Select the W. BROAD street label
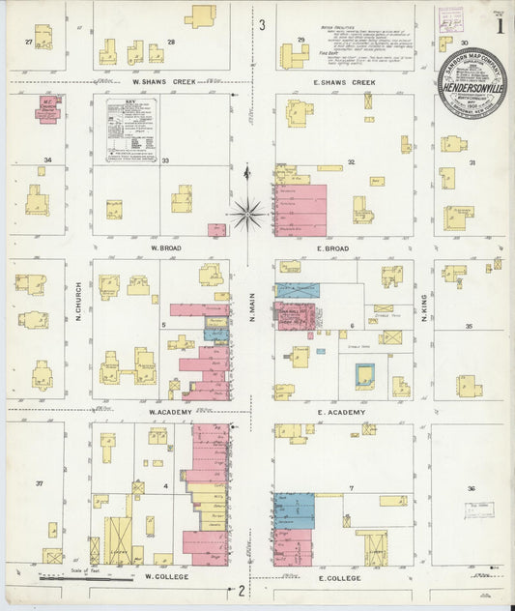pos(167,247)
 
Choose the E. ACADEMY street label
pos(343,412)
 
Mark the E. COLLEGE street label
pos(339,577)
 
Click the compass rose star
pos(248,212)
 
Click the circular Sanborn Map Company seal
pos(470,83)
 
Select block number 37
pos(40,482)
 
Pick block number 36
pos(472,488)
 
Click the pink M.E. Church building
pos(47,108)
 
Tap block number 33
pos(165,160)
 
